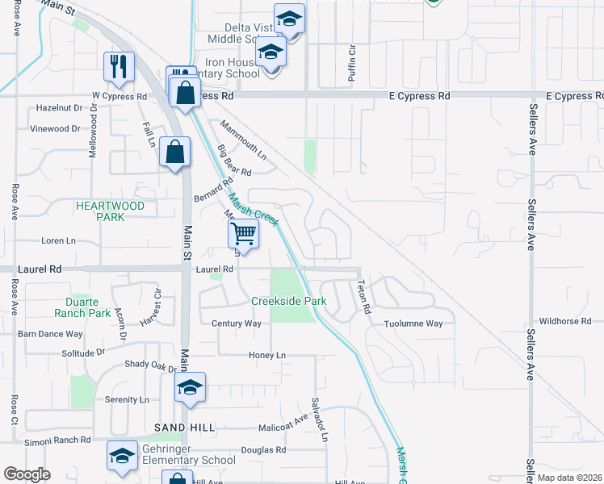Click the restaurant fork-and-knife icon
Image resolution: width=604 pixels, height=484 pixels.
coord(119,68)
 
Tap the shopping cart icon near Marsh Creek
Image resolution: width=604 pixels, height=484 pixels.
coord(242,235)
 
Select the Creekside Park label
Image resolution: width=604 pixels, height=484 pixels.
coord(288,301)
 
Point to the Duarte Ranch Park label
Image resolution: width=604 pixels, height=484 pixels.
coord(82,307)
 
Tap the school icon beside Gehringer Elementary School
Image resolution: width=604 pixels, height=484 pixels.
coord(122,456)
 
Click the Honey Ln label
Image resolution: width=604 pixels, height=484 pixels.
coord(267,355)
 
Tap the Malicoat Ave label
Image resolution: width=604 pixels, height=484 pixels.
coord(283,427)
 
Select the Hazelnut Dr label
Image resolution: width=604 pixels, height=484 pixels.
coord(60,107)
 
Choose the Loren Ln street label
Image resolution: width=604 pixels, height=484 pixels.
coord(58,240)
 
